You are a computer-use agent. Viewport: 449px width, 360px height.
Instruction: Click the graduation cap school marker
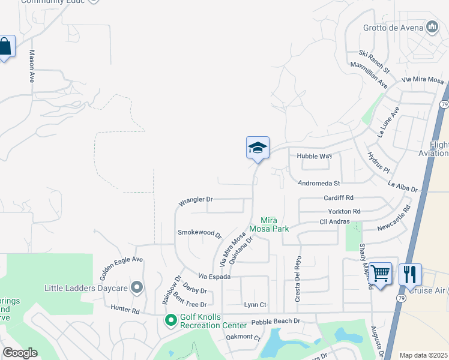tap(258, 148)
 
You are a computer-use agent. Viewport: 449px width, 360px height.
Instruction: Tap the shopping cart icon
tap(381, 274)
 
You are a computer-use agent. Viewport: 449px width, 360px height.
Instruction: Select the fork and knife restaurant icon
tap(410, 274)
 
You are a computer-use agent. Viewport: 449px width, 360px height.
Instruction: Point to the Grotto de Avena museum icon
tap(432, 26)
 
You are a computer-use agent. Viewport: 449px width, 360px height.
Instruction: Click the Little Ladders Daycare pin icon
tap(137, 288)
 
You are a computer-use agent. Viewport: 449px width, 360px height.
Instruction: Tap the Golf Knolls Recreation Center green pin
tap(170, 321)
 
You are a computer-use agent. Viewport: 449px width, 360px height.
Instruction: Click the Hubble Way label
tap(314, 156)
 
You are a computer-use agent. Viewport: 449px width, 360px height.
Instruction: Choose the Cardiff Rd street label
tap(339, 197)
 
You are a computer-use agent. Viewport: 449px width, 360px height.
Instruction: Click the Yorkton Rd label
tap(344, 211)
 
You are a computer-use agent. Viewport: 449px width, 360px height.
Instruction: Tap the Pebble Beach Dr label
tap(276, 321)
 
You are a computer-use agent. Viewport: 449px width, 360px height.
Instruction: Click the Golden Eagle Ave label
tap(121, 268)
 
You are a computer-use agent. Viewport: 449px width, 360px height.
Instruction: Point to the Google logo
tap(20, 353)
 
